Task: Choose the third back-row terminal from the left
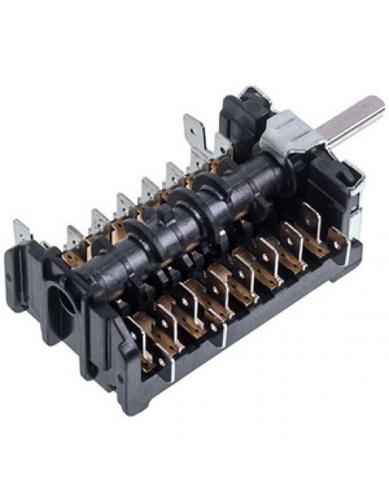pos(97,220)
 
